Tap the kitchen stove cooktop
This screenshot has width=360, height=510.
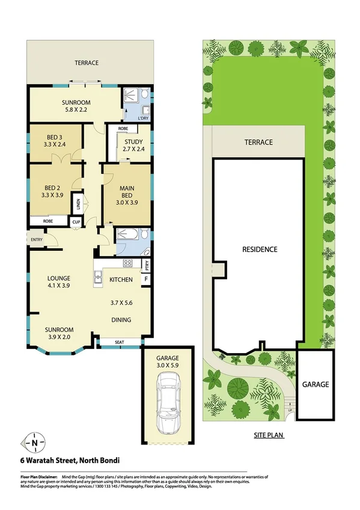pyautogui.click(x=127, y=263)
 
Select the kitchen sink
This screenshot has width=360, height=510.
pyautogui.click(x=99, y=278)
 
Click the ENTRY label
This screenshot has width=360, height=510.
pyautogui.click(x=37, y=241)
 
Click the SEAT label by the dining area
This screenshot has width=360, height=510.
pyautogui.click(x=120, y=342)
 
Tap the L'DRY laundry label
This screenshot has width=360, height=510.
pyautogui.click(x=143, y=118)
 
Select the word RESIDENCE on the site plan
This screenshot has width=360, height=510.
pyautogui.click(x=259, y=249)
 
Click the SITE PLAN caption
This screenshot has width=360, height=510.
pyautogui.click(x=267, y=435)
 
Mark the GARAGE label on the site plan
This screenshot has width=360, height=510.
pyautogui.click(x=315, y=384)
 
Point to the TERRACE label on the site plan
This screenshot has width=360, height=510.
pyautogui.click(x=258, y=143)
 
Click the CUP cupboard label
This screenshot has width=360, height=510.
pyautogui.click(x=76, y=223)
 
